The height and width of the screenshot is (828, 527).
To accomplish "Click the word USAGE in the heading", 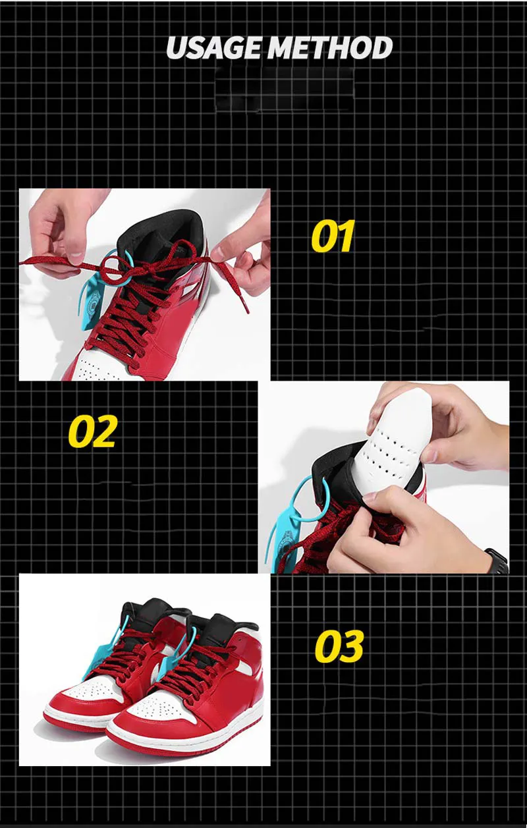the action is pyautogui.click(x=213, y=48).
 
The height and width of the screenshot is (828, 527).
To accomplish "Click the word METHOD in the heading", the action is pyautogui.click(x=330, y=48).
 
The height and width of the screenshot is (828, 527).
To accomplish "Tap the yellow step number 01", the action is pyautogui.click(x=333, y=236).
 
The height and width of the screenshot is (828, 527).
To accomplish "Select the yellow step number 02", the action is pyautogui.click(x=93, y=431).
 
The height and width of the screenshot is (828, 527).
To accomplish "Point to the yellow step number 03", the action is pyautogui.click(x=339, y=646).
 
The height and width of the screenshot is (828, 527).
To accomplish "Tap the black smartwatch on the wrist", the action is pyautogui.click(x=497, y=561).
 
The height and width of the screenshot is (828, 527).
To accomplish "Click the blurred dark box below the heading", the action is pyautogui.click(x=285, y=89).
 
